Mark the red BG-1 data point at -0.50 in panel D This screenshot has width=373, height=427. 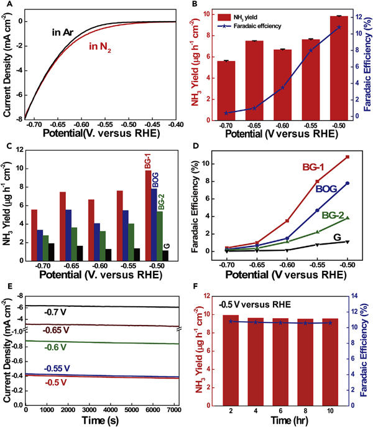tap(347, 157)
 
